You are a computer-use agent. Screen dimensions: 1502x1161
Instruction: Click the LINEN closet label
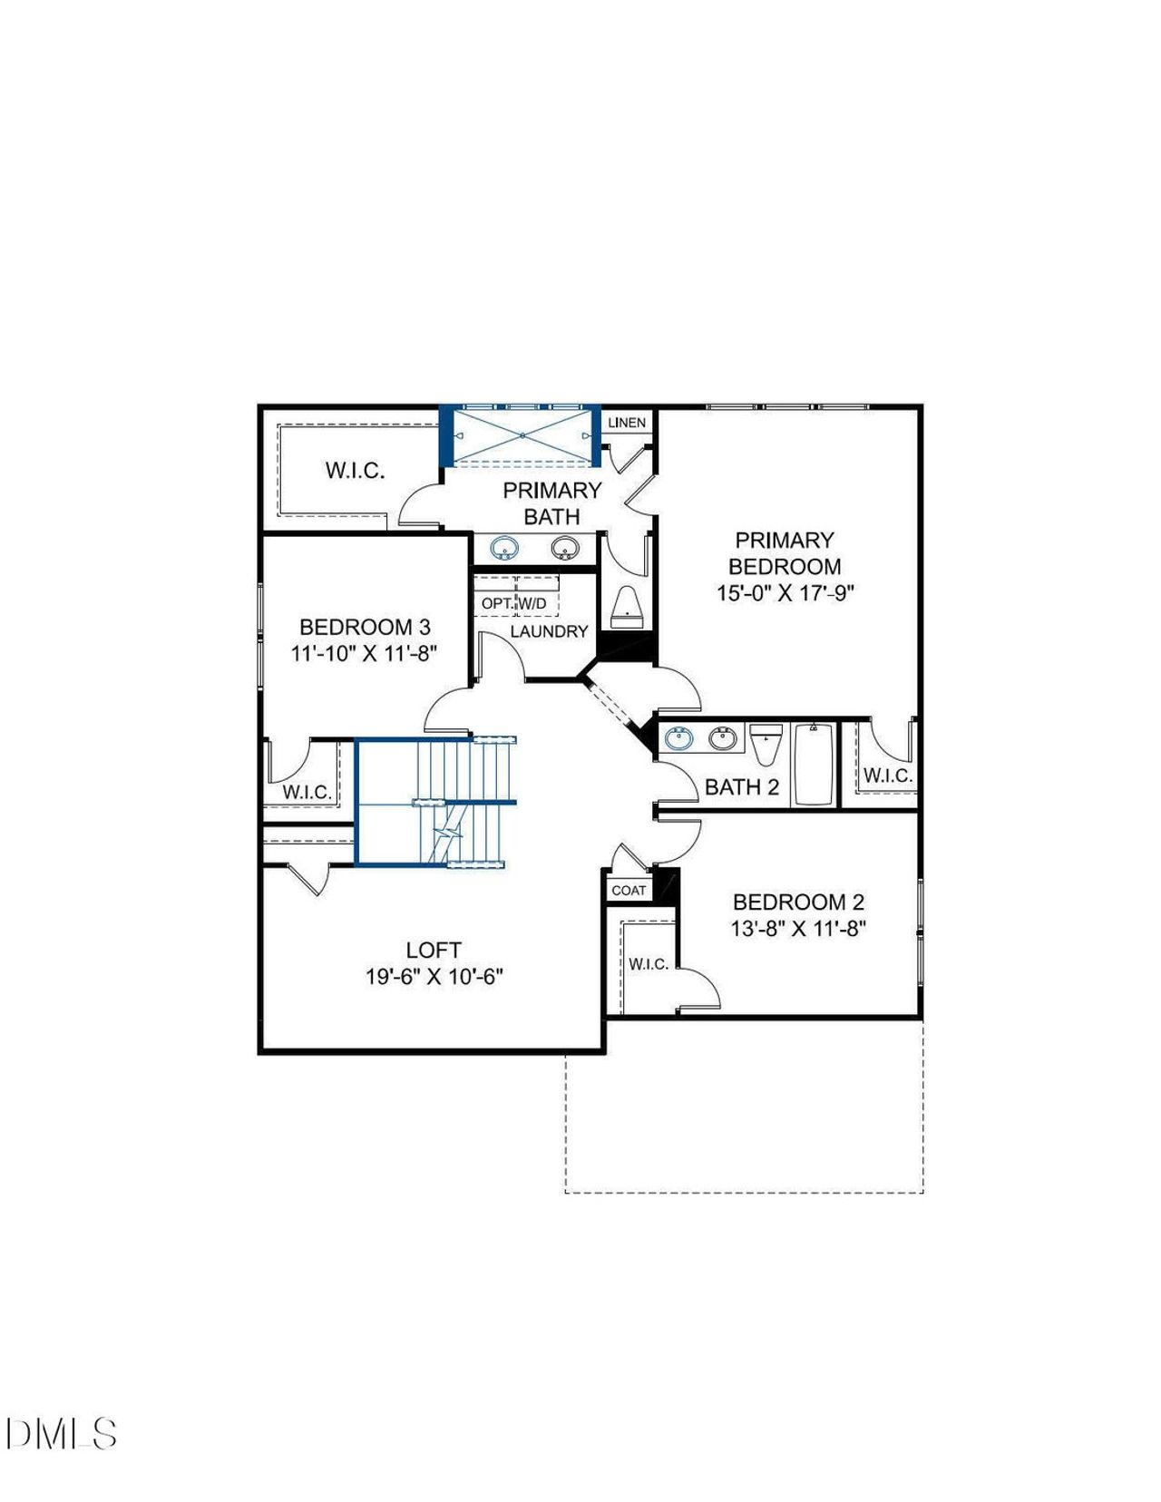coord(627,423)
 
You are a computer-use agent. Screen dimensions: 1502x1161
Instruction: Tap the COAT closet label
coord(629,890)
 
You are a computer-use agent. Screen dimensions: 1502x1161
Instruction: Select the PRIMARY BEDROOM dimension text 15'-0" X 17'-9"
coord(785,593)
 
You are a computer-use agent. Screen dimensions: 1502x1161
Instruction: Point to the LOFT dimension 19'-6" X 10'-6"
coord(434,977)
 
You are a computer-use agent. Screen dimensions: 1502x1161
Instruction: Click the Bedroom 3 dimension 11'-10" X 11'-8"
coord(365,653)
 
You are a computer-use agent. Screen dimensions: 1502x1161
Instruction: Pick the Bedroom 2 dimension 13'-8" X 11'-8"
coord(798,929)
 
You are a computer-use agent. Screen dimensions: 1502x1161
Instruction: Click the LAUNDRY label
coord(549,631)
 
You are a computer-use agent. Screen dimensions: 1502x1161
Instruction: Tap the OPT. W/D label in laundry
coord(514,603)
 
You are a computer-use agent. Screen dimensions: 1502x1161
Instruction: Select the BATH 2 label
coord(742,786)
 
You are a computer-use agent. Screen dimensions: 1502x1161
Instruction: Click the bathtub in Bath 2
coord(815,764)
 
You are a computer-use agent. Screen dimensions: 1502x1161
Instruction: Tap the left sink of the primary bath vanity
coord(503,548)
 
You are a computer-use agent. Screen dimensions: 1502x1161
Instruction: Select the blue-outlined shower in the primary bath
coord(522,435)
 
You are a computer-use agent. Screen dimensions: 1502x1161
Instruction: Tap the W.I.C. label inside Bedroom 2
coord(649,964)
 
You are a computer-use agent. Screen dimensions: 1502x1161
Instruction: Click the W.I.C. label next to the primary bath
coord(355,471)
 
